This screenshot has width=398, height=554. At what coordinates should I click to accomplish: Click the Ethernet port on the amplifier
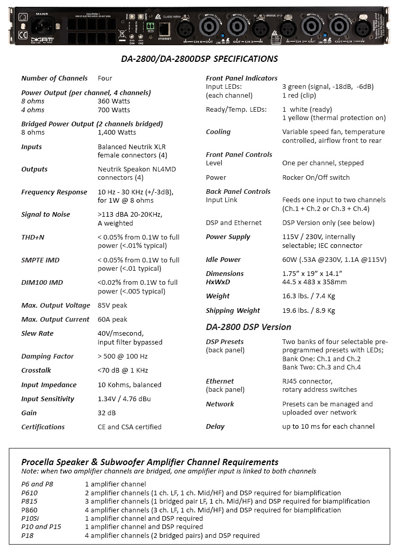(164, 28)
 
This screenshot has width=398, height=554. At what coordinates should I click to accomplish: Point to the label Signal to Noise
(46, 215)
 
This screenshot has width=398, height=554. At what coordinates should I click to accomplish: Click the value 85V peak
(112, 306)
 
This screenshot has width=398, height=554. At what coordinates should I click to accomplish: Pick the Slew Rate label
(37, 334)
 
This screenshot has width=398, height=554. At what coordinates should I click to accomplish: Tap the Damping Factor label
(47, 357)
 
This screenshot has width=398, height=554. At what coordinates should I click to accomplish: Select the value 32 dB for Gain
(106, 413)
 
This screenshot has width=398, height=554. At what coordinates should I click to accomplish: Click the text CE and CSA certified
(129, 427)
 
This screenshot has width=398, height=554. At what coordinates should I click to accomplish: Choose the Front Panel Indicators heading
(242, 78)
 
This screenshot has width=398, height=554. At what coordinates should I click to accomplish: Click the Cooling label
(218, 132)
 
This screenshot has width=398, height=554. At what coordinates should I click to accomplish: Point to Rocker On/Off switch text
(316, 178)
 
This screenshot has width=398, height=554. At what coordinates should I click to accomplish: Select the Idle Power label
(224, 260)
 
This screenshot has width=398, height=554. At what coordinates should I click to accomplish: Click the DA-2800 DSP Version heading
(249, 327)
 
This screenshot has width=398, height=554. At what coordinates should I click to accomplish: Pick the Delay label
(215, 427)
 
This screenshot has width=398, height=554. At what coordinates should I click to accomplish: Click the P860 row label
(30, 510)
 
